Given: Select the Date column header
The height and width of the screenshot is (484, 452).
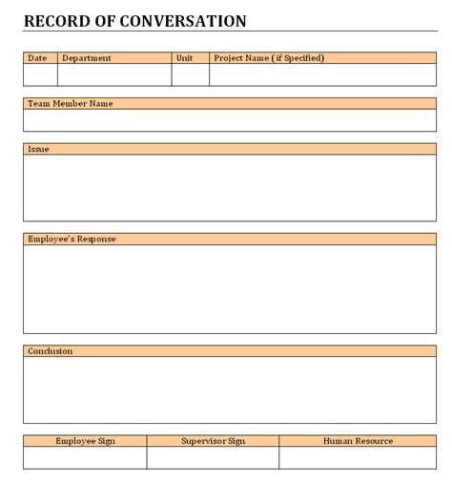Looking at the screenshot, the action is [x=37, y=58].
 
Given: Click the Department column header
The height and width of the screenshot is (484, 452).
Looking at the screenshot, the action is [x=87, y=58].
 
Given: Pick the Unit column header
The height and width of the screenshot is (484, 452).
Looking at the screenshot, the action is [x=185, y=58].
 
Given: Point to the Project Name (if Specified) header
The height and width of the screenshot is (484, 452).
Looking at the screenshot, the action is [x=269, y=58].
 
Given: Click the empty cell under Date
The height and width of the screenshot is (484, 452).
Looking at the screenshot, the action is [x=40, y=74].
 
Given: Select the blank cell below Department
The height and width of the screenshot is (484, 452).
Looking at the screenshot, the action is [x=114, y=74].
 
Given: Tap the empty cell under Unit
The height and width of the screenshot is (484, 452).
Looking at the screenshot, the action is [x=191, y=74].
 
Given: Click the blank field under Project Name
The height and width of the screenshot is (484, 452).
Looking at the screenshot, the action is [x=322, y=74].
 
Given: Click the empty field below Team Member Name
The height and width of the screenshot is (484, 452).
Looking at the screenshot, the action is [x=229, y=119].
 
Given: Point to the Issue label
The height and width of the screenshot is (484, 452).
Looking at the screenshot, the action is [x=39, y=149].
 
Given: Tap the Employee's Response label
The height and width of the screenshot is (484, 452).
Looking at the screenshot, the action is [x=72, y=239].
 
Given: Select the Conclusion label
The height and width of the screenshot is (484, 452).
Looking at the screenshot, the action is [x=51, y=351].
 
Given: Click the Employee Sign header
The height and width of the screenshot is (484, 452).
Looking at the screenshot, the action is [x=85, y=441].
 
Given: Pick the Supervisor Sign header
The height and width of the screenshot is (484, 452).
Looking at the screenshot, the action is [x=213, y=441].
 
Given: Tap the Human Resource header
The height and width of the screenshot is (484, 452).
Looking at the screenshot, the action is [x=358, y=441].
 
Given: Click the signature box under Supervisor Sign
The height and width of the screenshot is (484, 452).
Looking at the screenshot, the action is [x=213, y=457].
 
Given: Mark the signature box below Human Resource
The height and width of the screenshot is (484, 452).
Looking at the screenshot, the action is [x=358, y=457].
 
